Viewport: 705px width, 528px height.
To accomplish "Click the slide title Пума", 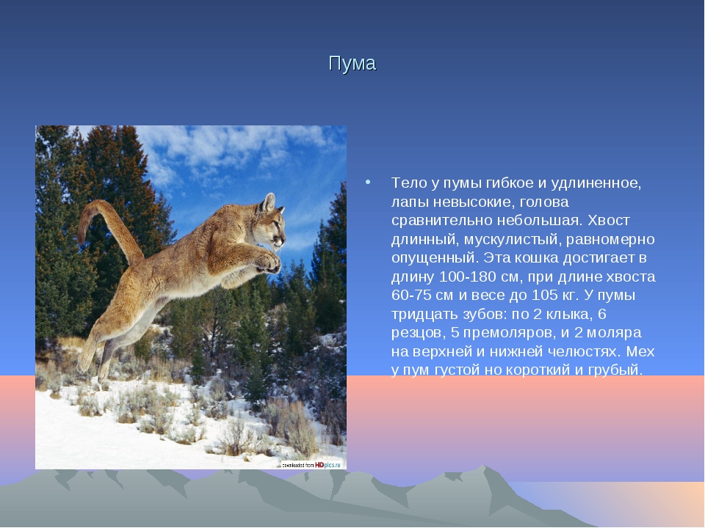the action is point(352,64).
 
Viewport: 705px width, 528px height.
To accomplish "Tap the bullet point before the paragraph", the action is point(368,182).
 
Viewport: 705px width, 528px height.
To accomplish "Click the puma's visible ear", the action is point(268,202).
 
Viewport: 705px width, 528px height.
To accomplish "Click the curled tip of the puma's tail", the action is point(83,231).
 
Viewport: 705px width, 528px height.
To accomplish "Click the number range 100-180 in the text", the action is point(468,276).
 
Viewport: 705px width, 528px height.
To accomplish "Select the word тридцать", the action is point(420,315).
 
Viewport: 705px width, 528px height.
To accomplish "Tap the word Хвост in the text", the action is point(608,221).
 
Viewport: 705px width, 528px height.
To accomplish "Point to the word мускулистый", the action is point(512,240).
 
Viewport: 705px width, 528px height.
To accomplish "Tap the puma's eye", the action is point(276,223).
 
